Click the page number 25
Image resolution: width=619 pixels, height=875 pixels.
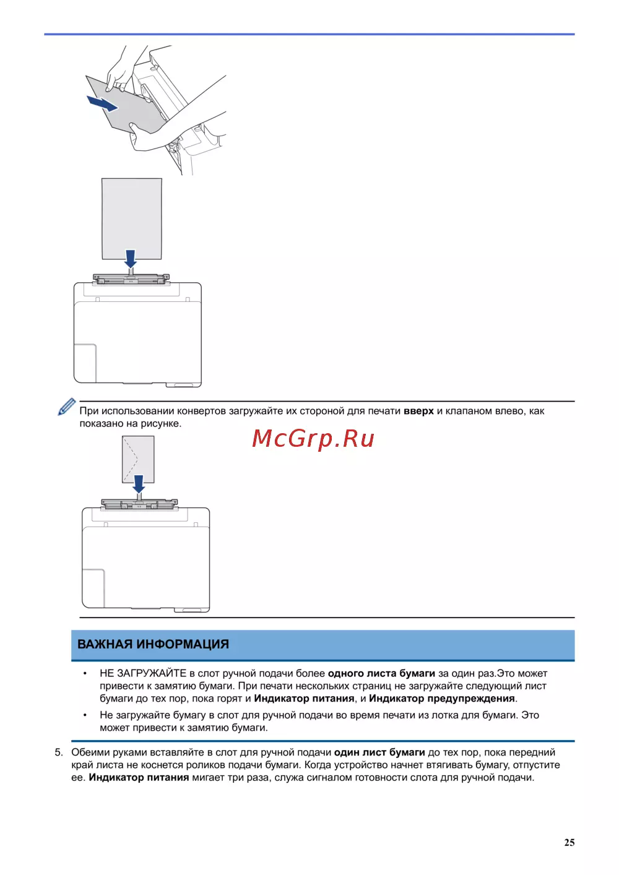[569, 842]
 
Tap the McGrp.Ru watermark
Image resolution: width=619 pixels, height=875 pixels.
[313, 438]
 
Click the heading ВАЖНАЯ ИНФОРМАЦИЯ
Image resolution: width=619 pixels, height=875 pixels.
[153, 644]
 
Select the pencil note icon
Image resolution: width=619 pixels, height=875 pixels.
[66, 407]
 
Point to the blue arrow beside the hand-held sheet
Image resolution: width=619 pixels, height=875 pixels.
[102, 103]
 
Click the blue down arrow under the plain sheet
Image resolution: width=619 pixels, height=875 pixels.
[130, 258]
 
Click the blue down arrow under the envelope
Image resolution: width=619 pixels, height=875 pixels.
[139, 483]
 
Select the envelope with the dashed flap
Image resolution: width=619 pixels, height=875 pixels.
[138, 458]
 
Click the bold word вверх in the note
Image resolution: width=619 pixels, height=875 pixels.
[418, 411]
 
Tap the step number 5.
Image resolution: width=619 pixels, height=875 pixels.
[59, 752]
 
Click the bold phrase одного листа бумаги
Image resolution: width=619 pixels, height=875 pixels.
[381, 673]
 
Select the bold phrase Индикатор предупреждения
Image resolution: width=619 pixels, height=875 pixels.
[442, 699]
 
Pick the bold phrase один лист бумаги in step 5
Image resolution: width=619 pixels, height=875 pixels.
[379, 752]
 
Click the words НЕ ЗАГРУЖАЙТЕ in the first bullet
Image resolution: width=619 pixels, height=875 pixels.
[143, 673]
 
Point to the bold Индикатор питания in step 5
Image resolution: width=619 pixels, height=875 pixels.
[139, 778]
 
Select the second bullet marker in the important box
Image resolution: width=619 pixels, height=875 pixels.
[85, 715]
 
